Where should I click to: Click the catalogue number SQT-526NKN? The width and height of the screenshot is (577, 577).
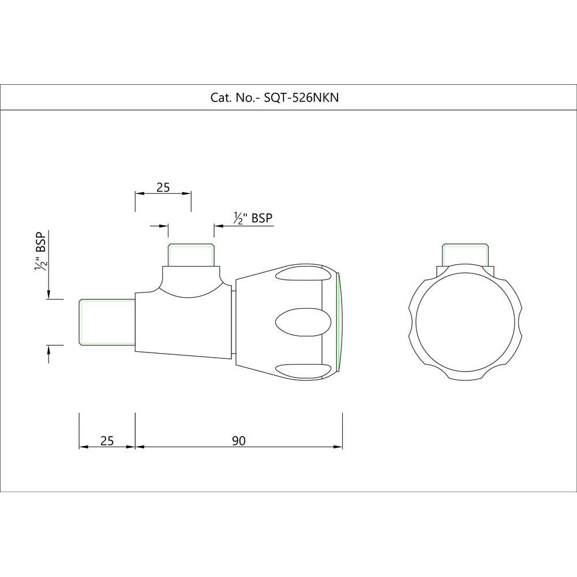coord(301,98)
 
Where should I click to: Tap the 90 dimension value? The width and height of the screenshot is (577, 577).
coord(239,440)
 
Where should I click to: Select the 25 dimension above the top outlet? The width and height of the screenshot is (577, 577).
coord(163,188)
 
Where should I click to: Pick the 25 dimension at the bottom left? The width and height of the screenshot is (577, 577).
coord(107,440)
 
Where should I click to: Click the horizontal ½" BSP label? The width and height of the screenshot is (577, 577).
coord(253,218)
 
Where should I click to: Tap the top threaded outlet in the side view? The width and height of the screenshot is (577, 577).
coord(191,254)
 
